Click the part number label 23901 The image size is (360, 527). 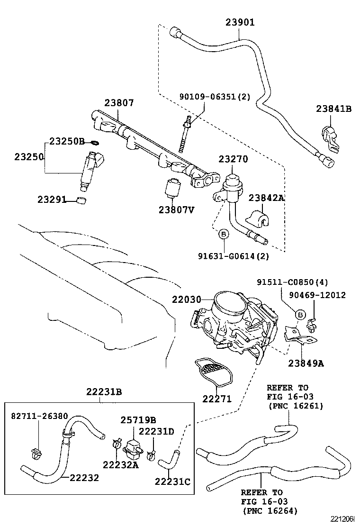coord(240,22)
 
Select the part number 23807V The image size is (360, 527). coord(177,209)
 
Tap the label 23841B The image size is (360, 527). coord(334,109)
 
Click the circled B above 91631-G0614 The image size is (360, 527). coord(224,233)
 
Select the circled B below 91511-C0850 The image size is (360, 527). coord(300,314)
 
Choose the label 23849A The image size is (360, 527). coord(306,363)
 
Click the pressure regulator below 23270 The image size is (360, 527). coord(231,186)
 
